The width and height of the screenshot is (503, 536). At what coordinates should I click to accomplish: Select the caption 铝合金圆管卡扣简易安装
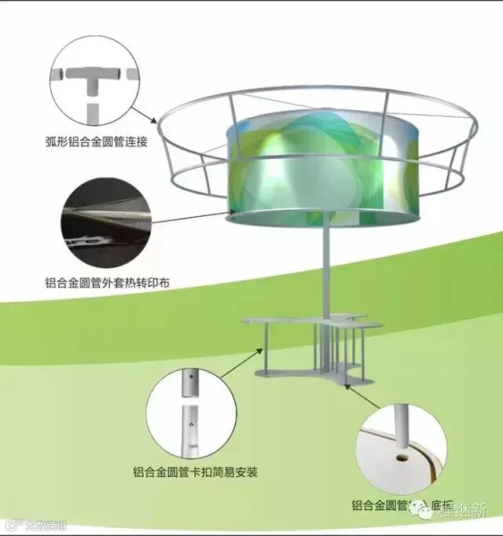pos(196,472)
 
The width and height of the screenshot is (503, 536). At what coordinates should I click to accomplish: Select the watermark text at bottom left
pos(35,524)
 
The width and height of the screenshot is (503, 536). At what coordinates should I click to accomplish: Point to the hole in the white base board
pos(402,453)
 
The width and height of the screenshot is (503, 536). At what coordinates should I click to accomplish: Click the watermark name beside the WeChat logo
pos(462,512)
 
